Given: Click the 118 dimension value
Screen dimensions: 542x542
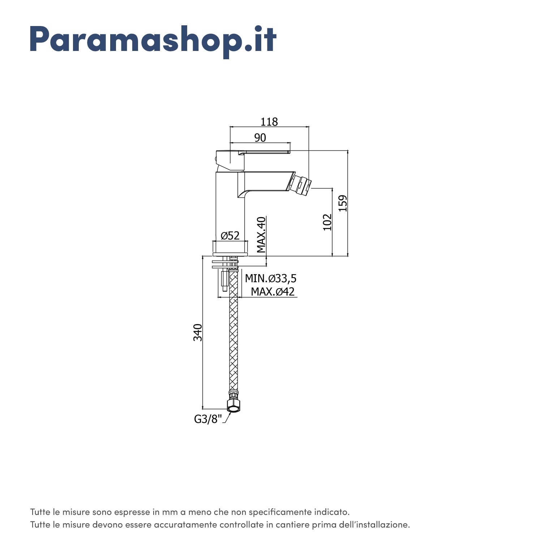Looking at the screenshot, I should (x=269, y=122).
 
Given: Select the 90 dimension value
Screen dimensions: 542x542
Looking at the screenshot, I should (x=260, y=138).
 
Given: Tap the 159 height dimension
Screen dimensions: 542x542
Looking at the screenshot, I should (x=343, y=203).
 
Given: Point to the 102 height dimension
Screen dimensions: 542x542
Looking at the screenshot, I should (x=327, y=222).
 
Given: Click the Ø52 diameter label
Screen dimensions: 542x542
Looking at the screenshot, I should (x=230, y=236).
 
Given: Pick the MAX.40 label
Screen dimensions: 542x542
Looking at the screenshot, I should (x=261, y=235).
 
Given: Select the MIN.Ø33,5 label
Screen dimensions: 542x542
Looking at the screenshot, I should (x=271, y=279).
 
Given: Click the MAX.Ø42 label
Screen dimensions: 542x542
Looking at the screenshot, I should (x=273, y=291).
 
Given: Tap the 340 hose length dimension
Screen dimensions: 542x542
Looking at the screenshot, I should (x=198, y=332).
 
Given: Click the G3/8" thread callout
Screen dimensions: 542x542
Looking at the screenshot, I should (x=208, y=419).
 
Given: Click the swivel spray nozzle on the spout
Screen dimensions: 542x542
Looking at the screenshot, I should (x=300, y=185).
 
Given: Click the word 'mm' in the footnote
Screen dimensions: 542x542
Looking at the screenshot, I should (x=167, y=512).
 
